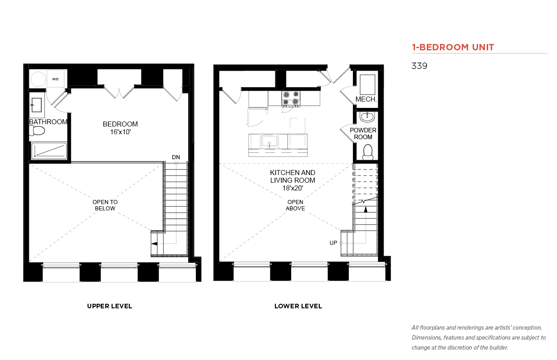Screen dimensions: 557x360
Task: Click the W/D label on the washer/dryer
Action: click(55, 79)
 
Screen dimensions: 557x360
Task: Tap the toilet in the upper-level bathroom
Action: click(37, 131)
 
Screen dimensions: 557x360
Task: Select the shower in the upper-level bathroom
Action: click(49, 151)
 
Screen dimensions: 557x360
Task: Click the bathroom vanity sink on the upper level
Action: click(36, 105)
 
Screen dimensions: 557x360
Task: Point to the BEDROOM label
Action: click(120, 124)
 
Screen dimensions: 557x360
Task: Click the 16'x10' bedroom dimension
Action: click(120, 132)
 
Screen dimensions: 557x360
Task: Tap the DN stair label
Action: click(176, 157)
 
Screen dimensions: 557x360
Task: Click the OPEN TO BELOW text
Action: click(105, 205)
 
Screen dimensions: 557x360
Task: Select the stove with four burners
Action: click(291, 99)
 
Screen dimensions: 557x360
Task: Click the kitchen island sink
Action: click(269, 141)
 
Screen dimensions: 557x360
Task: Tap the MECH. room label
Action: click(366, 99)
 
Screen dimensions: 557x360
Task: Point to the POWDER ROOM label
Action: click(363, 133)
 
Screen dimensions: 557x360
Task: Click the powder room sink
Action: click(367, 117)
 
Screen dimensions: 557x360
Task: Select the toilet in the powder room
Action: click(368, 152)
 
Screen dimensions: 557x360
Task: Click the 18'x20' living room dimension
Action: click(293, 188)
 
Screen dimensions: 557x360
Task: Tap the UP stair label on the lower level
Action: click(333, 243)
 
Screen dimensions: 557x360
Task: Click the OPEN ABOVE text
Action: click(295, 205)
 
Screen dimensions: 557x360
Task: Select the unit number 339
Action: click(419, 66)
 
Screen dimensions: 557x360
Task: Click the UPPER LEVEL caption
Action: click(109, 306)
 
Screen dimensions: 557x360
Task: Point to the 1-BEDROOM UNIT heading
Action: click(453, 47)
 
